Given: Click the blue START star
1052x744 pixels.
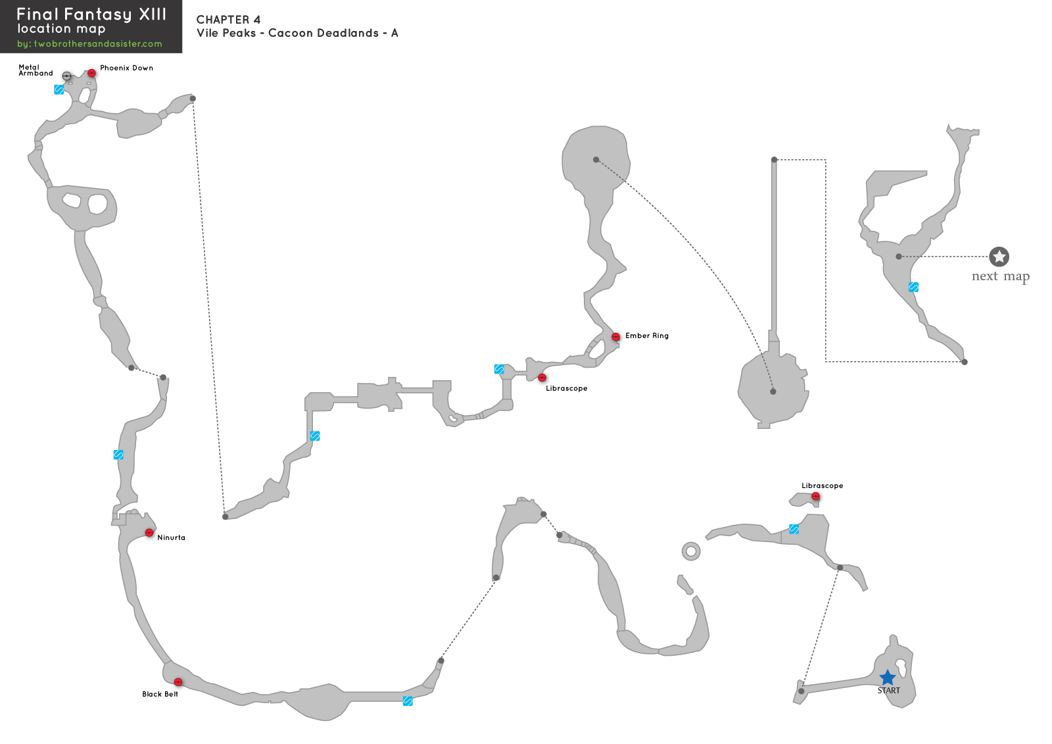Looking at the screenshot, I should point(888,678).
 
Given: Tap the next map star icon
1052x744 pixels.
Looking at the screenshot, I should point(999,257).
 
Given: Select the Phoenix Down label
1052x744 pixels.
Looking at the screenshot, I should point(126,68).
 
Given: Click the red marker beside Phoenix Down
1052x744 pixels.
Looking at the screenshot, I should point(91,73).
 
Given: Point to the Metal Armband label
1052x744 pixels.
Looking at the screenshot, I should point(36,70).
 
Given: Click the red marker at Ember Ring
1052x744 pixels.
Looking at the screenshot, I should point(615,337).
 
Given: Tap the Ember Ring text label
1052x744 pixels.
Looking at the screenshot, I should point(646,335).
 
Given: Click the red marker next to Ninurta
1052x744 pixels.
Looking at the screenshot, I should point(149,532).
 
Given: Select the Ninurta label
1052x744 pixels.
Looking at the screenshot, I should point(171,537).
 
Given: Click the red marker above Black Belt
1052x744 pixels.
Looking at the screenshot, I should point(178,682).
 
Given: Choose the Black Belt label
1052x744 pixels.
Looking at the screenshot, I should point(160,694).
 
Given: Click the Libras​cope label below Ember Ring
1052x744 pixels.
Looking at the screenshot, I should point(566,388).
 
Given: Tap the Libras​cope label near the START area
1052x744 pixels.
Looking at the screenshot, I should point(822,485).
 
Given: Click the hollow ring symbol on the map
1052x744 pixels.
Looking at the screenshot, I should point(691,551).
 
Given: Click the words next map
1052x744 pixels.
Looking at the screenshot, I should point(1000,276).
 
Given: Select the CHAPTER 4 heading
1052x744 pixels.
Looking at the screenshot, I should point(228,20).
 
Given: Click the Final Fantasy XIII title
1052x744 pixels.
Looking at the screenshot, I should point(91,14).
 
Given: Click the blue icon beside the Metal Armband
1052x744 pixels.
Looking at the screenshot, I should point(59,89).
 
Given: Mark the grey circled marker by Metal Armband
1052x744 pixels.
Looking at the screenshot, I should point(66,76).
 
